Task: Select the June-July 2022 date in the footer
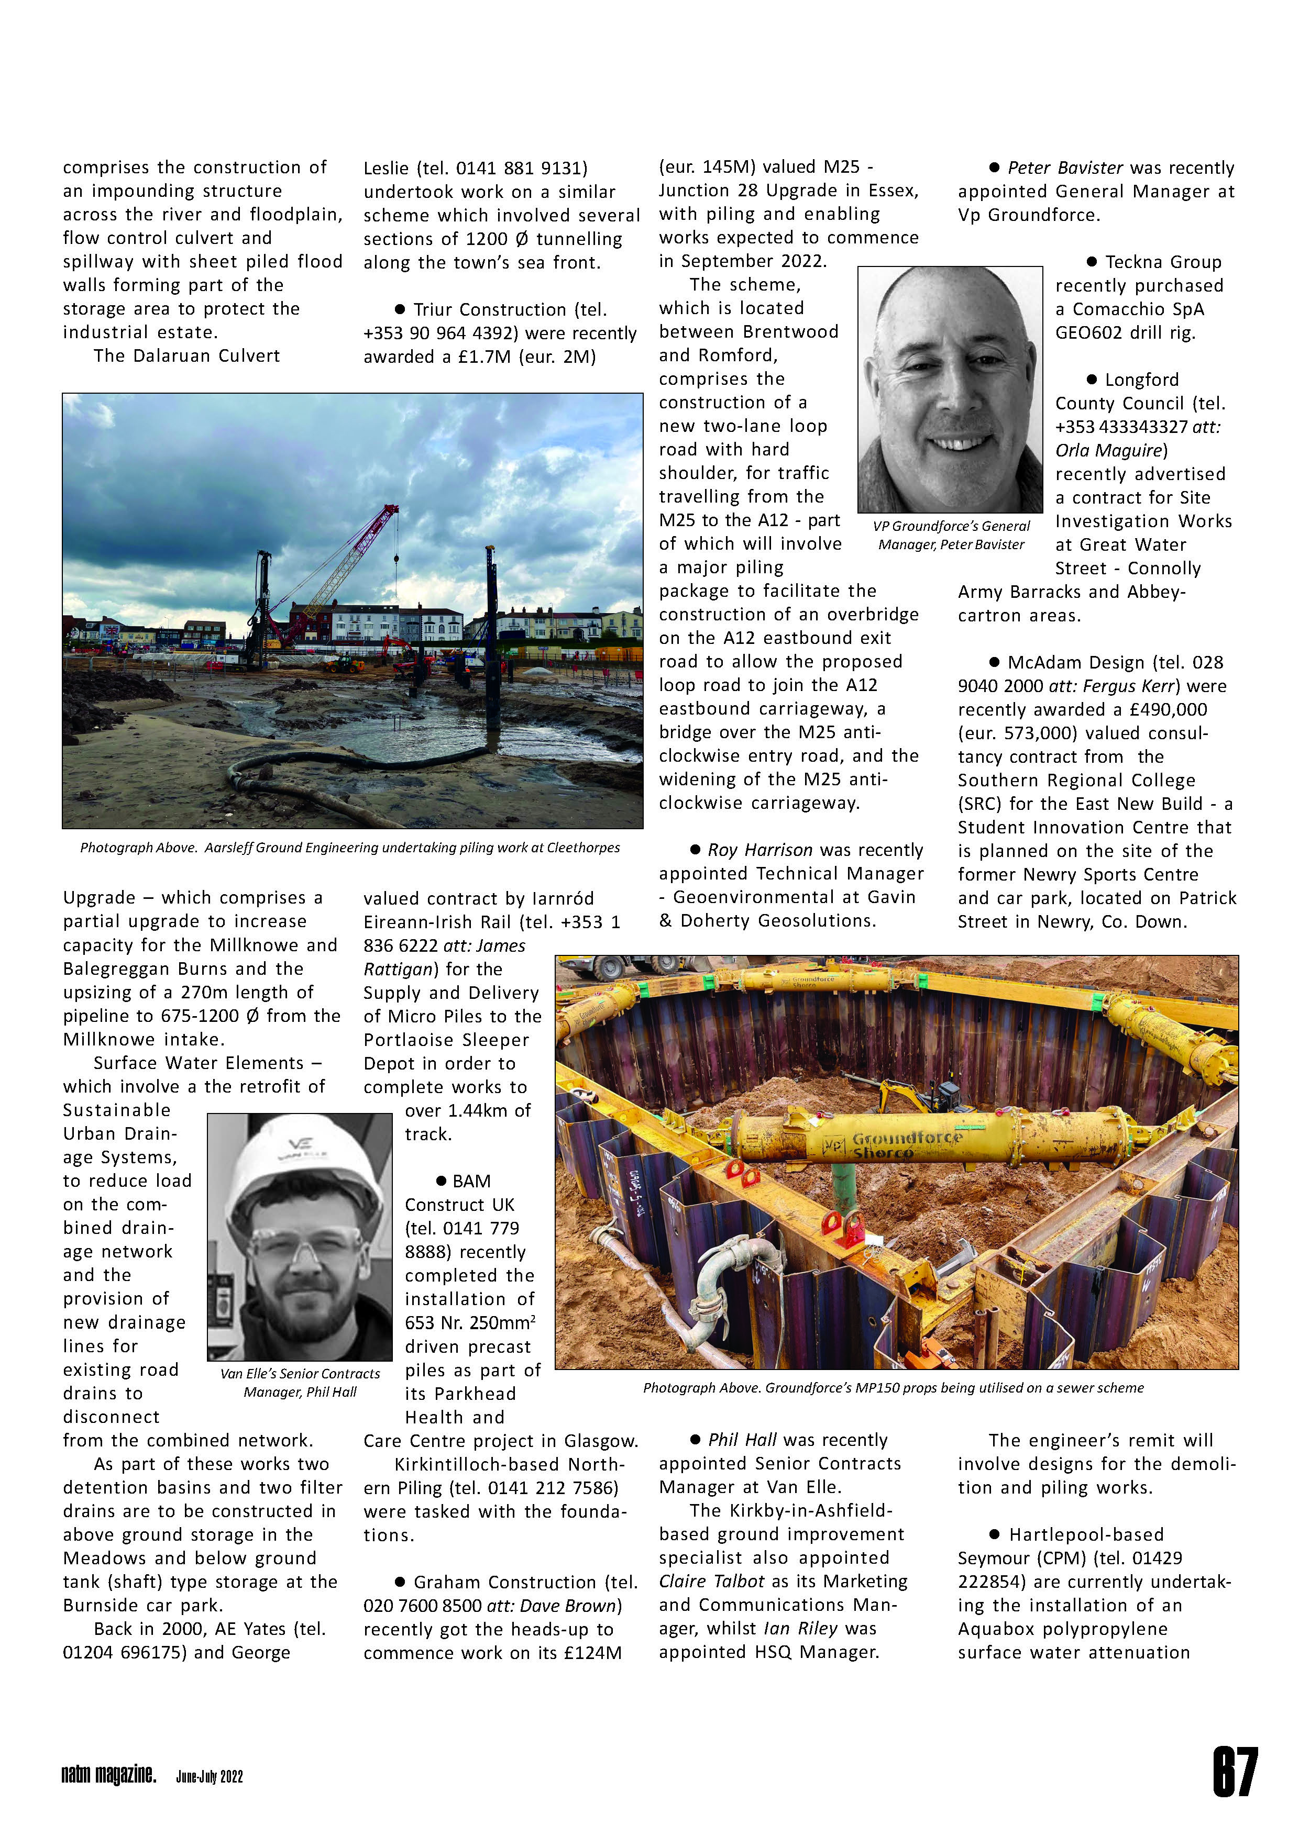coord(209,1776)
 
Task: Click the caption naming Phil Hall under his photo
coord(300,1383)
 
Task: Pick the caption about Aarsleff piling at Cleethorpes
coord(350,847)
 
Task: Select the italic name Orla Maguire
coord(1108,450)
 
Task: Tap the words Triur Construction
coord(489,309)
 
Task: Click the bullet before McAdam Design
coord(994,662)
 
